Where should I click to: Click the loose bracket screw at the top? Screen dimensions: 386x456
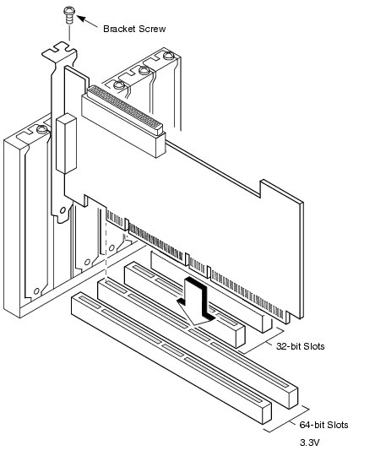pos(69,15)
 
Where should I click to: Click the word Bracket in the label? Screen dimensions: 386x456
pos(119,29)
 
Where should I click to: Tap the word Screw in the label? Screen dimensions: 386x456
pos(152,29)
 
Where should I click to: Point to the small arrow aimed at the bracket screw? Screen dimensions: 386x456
pos(87,22)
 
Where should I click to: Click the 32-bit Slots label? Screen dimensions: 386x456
pos(300,346)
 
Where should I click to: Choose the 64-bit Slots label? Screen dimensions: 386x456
pos(323,425)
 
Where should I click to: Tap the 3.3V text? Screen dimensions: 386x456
pos(309,442)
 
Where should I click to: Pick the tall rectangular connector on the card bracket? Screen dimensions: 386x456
pos(67,144)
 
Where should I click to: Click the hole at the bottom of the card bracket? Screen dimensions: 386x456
pos(63,210)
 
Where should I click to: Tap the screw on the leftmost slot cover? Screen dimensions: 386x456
pos(42,129)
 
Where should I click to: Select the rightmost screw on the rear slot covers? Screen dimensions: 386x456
pos(168,55)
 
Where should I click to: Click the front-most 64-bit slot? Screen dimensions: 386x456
pos(171,358)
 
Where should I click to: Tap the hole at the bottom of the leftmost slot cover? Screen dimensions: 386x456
pos(36,290)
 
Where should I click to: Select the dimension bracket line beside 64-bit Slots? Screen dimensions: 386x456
pos(287,419)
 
